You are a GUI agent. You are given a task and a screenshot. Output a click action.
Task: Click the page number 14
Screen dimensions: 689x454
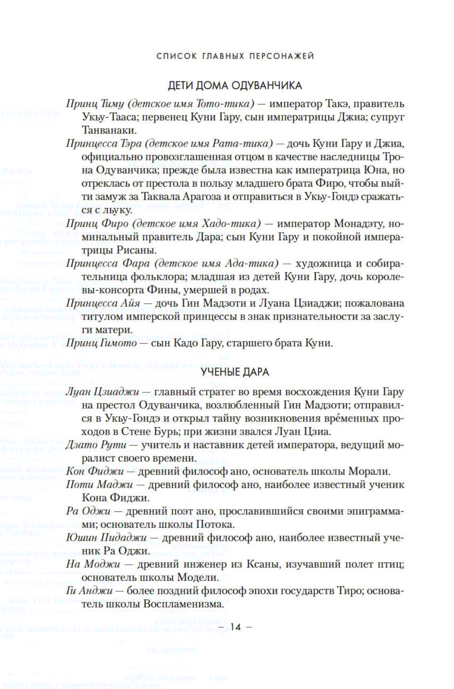(235, 627)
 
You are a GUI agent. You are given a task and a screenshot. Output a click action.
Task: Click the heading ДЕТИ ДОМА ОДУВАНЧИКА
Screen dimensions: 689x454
(235, 85)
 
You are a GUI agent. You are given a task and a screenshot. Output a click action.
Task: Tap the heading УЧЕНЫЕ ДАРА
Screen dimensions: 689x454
(235, 372)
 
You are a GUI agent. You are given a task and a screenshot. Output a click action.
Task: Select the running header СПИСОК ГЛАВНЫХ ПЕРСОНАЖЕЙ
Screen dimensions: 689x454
(235, 56)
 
